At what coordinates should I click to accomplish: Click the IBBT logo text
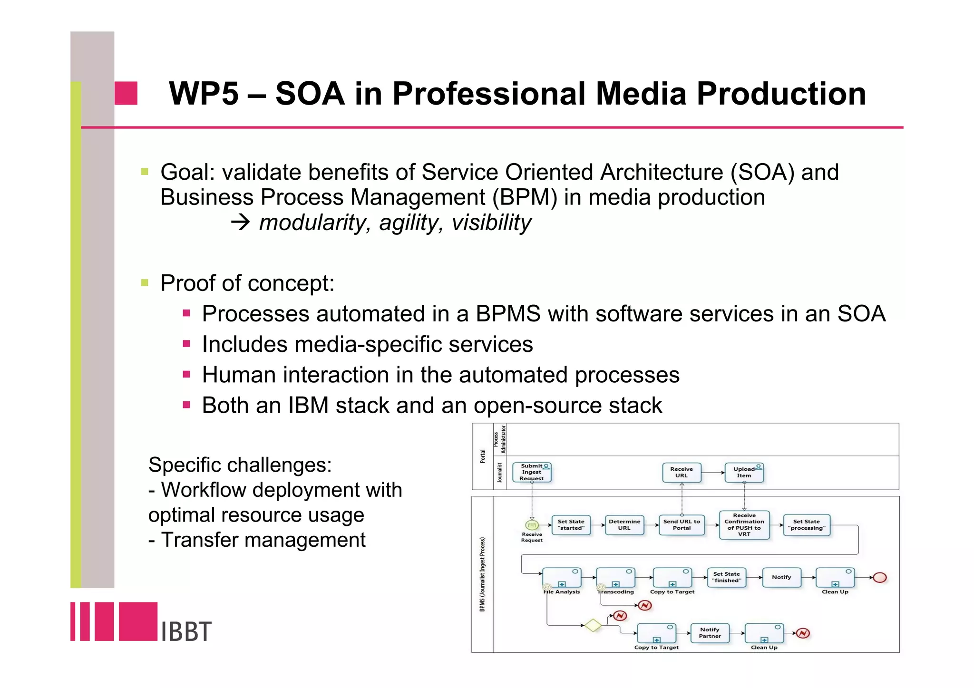pos(185,631)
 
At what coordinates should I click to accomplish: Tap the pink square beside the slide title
pos(126,93)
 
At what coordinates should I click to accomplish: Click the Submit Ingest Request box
pos(532,473)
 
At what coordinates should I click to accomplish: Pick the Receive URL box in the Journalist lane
pos(682,473)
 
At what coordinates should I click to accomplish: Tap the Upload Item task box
pos(744,473)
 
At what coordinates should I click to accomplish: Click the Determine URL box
pos(624,525)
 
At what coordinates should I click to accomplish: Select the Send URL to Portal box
pos(682,525)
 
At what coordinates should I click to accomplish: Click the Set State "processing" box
pos(806,525)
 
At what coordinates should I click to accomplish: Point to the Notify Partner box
pos(710,633)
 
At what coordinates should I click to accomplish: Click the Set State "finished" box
pos(726,577)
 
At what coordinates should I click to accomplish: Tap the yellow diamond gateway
pos(593,625)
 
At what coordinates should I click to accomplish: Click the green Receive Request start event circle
pos(532,525)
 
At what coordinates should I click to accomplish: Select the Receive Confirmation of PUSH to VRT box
pos(744,525)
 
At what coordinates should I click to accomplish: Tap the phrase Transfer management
pos(263,540)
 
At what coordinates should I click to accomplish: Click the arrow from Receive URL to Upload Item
pos(713,473)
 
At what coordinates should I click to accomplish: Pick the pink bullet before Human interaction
pos(186,375)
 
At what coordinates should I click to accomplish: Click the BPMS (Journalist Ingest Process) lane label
pos(482,574)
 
